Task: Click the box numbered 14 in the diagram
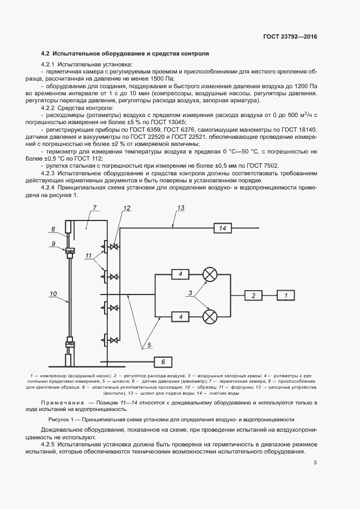pos(222,228)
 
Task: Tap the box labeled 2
pos(253,295)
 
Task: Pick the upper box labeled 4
pos(180,274)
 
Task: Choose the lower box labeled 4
pos(180,316)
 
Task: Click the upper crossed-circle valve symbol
pos(210,274)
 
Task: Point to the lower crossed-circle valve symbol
pos(210,316)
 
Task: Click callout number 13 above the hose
pos(181,208)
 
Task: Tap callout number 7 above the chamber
pos(94,208)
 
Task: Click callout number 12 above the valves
pos(127,208)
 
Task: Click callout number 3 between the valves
pos(190,294)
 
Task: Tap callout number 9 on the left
pos(54,243)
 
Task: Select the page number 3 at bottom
pos(315,463)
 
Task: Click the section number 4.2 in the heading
pos(46,54)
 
